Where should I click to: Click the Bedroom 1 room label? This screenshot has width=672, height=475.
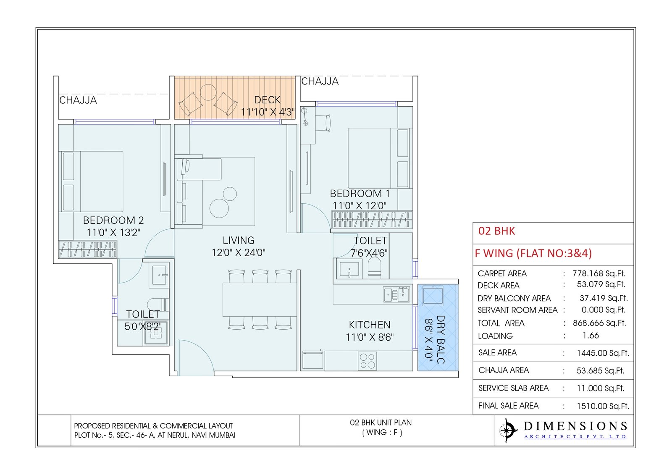click(360, 194)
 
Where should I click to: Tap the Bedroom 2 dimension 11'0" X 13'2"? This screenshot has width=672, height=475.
click(113, 233)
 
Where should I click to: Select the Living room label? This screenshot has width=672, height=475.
click(238, 240)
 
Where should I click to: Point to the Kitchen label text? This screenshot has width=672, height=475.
click(370, 325)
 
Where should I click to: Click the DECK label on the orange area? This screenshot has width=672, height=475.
click(267, 100)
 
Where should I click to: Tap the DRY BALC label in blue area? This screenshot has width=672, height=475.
click(440, 339)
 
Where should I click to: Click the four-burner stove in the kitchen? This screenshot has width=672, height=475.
click(367, 361)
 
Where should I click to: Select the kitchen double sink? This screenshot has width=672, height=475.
click(396, 294)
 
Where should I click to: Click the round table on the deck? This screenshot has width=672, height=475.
click(208, 92)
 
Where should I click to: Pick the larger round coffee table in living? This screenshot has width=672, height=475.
click(219, 208)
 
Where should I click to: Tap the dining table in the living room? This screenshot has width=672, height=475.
click(260, 299)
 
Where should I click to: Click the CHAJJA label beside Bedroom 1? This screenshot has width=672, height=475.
click(320, 81)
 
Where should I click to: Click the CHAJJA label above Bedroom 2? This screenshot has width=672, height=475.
click(78, 100)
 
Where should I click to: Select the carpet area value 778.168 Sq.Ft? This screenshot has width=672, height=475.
click(598, 273)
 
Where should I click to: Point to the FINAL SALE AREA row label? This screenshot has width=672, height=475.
click(508, 406)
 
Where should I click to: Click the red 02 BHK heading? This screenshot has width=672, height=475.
click(496, 231)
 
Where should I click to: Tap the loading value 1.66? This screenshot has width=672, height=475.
click(591, 336)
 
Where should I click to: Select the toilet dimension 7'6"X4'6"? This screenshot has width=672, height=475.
click(369, 253)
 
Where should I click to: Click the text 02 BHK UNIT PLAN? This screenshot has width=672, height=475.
click(381, 423)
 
